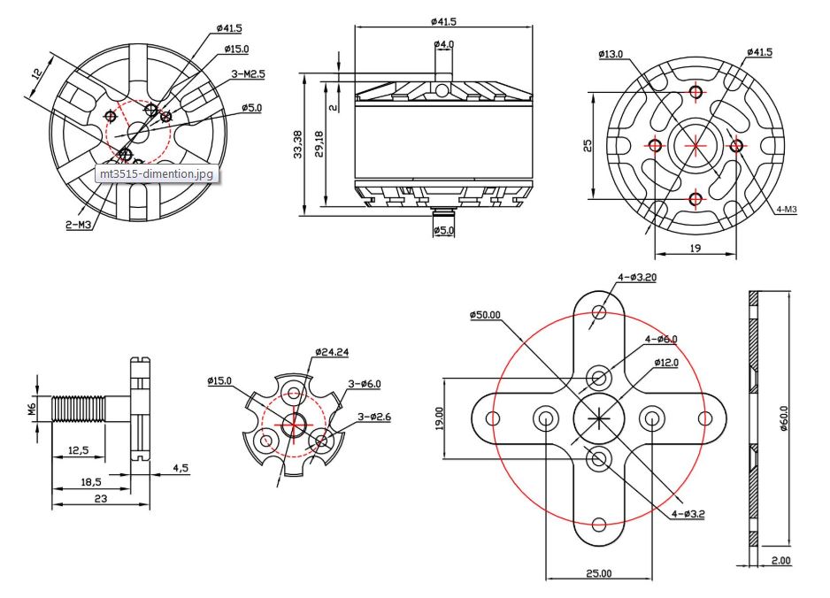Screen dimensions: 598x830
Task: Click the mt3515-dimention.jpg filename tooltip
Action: point(156,173)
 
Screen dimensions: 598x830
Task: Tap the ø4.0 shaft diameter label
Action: point(443,44)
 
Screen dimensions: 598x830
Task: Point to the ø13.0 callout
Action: point(611,54)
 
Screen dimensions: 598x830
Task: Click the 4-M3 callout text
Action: point(786,209)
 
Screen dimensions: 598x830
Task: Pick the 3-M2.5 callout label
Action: point(248,75)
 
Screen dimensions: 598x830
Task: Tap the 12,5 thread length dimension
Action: point(78,450)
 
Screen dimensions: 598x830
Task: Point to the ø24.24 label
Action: point(331,352)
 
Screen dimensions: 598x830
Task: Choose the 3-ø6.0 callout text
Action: point(364,383)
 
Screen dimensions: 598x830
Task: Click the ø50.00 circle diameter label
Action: point(485,314)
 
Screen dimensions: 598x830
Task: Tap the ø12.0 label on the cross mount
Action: point(666,362)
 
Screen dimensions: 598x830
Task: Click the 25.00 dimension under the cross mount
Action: point(597,573)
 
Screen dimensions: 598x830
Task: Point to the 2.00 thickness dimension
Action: point(780,560)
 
